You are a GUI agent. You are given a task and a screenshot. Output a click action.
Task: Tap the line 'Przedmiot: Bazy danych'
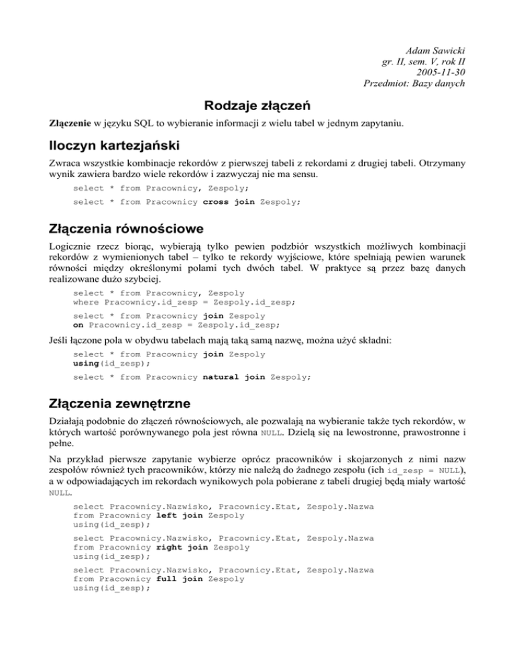coord(413,83)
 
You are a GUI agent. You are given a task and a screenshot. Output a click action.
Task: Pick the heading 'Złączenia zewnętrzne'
coord(121,407)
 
